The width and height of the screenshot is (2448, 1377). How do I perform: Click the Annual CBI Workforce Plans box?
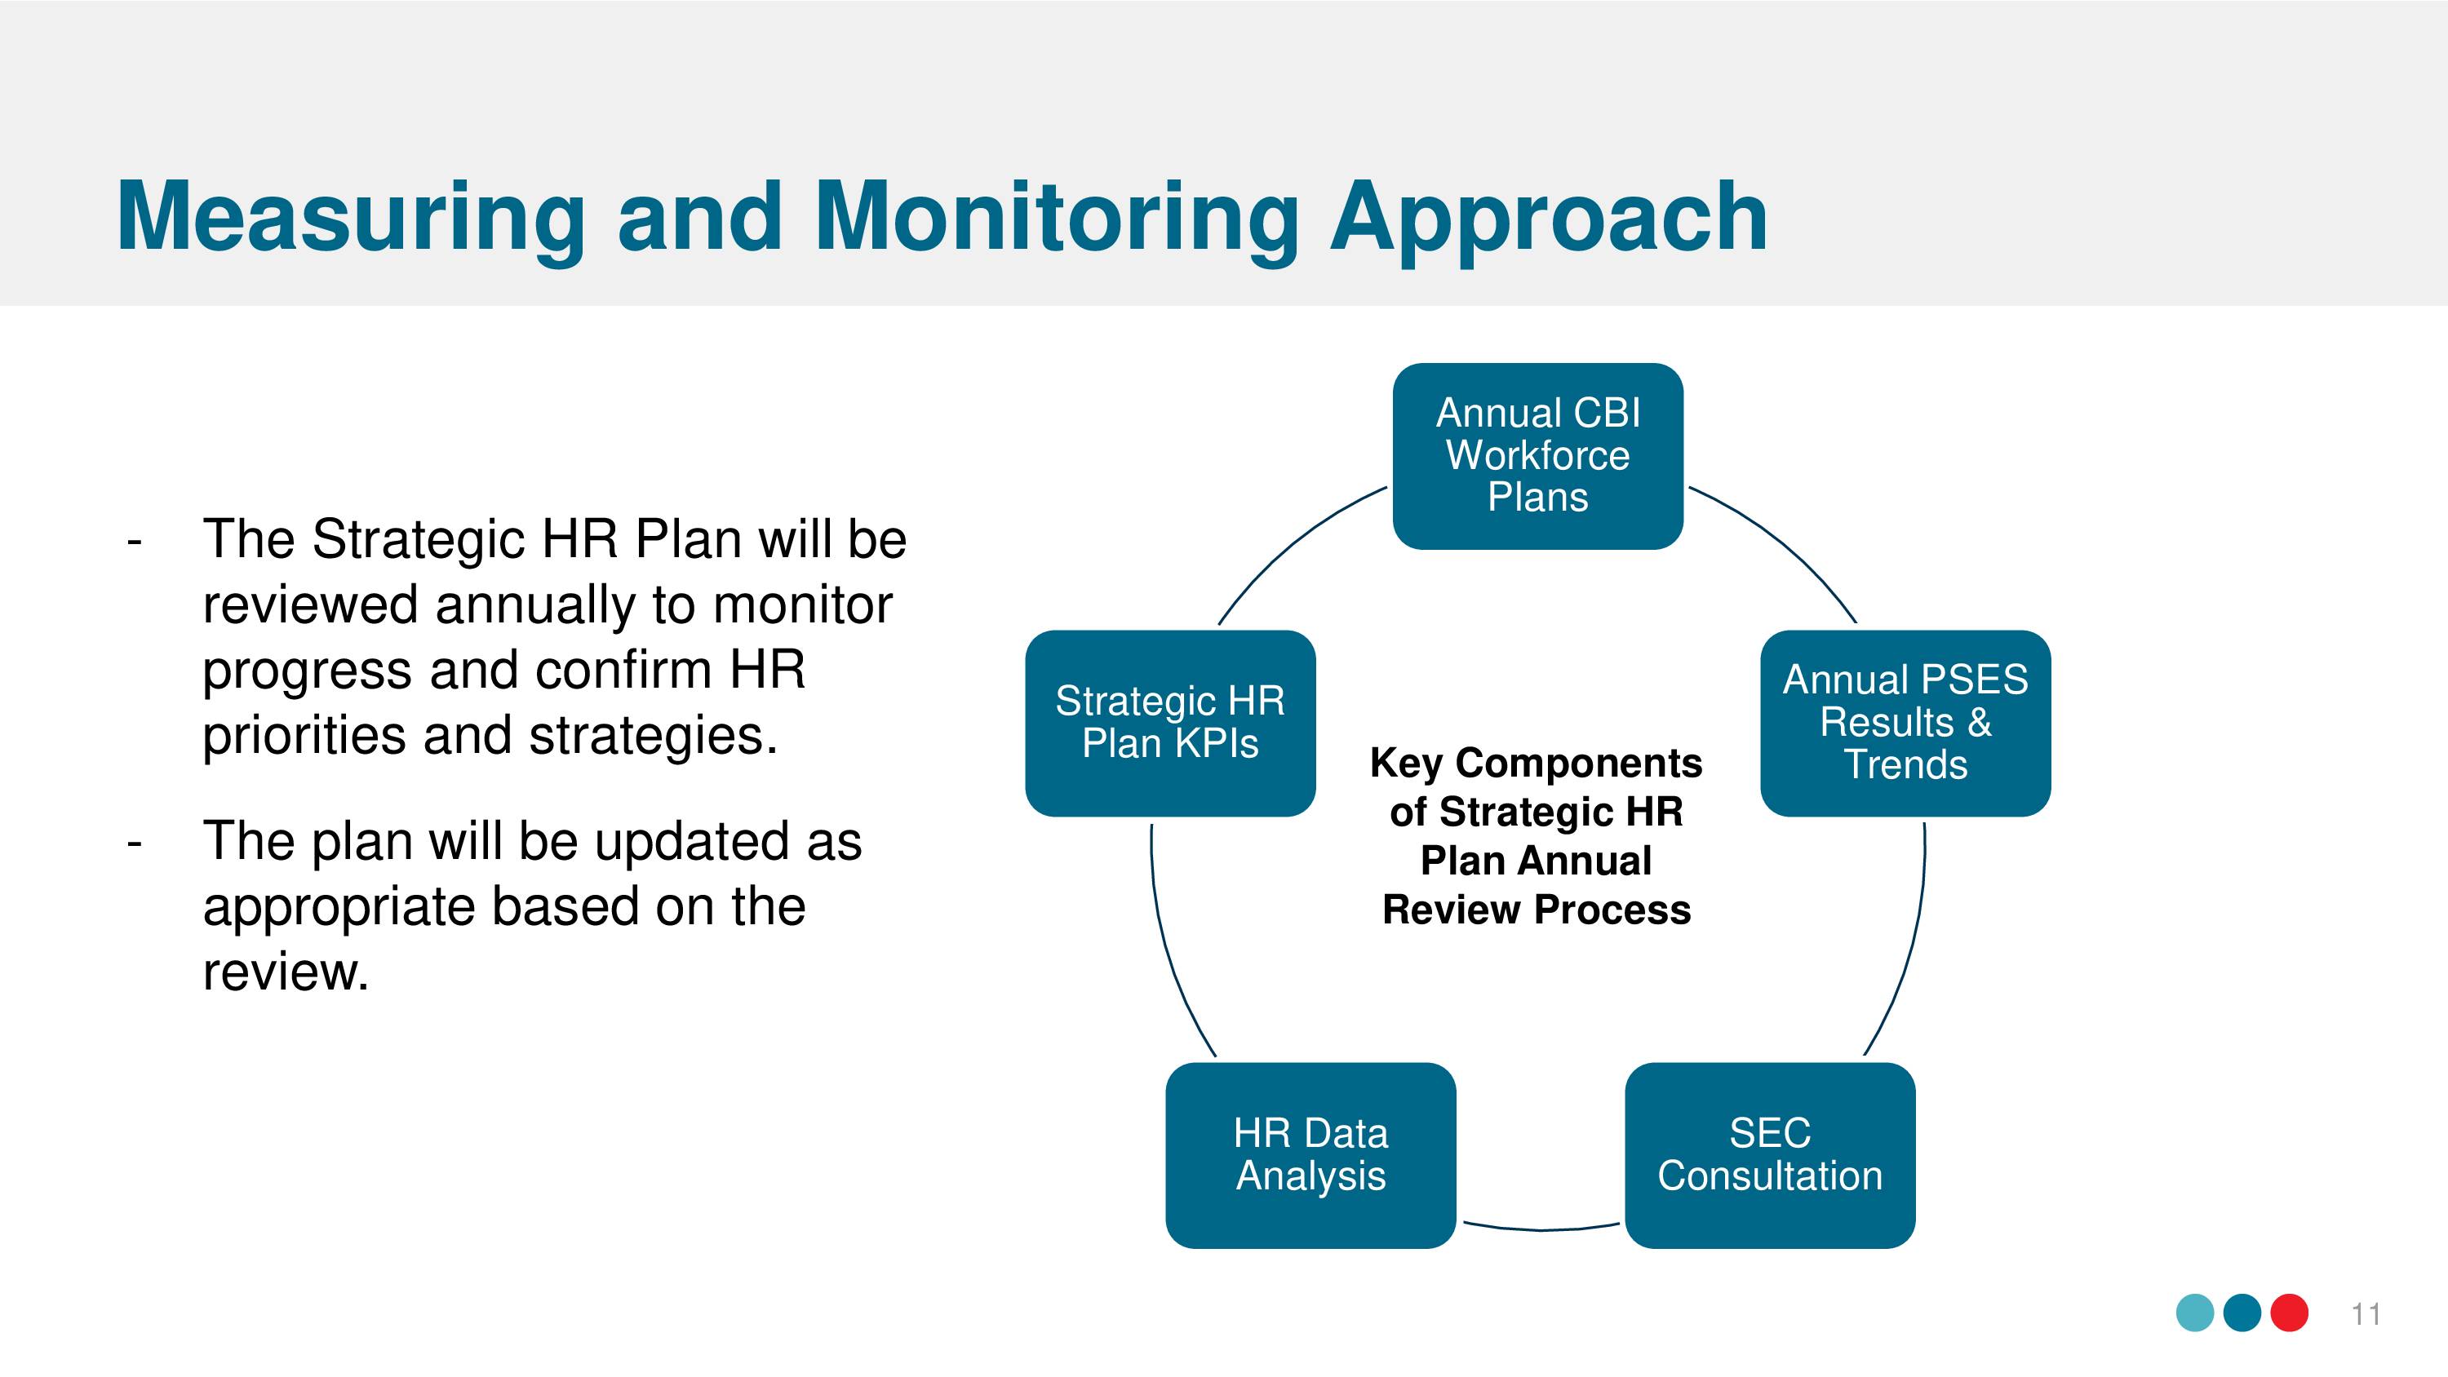tap(1537, 456)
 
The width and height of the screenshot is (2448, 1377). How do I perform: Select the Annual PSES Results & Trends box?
tap(1905, 724)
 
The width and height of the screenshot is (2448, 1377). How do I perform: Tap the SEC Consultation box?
tap(1769, 1156)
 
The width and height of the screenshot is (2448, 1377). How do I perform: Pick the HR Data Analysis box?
tap(1310, 1156)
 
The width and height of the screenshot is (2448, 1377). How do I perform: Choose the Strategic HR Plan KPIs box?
tap(1170, 724)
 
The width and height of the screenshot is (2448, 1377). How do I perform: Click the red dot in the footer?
tap(2290, 1313)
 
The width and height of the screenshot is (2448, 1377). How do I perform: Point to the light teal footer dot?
tap(2195, 1313)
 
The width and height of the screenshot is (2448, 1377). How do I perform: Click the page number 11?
tap(2366, 1314)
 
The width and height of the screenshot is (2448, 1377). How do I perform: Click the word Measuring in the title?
tap(351, 218)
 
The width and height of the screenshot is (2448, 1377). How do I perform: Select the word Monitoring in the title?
tap(1057, 218)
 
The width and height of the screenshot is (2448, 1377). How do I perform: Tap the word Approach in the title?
tap(1549, 218)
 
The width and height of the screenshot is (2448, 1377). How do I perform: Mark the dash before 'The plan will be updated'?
tap(134, 843)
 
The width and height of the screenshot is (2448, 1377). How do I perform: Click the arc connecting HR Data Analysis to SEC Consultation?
tap(1541, 1229)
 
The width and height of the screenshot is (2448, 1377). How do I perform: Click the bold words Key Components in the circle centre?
tap(1536, 763)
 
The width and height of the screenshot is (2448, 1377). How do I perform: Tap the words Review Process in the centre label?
tap(1537, 910)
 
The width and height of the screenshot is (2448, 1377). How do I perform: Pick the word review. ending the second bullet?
tap(285, 972)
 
